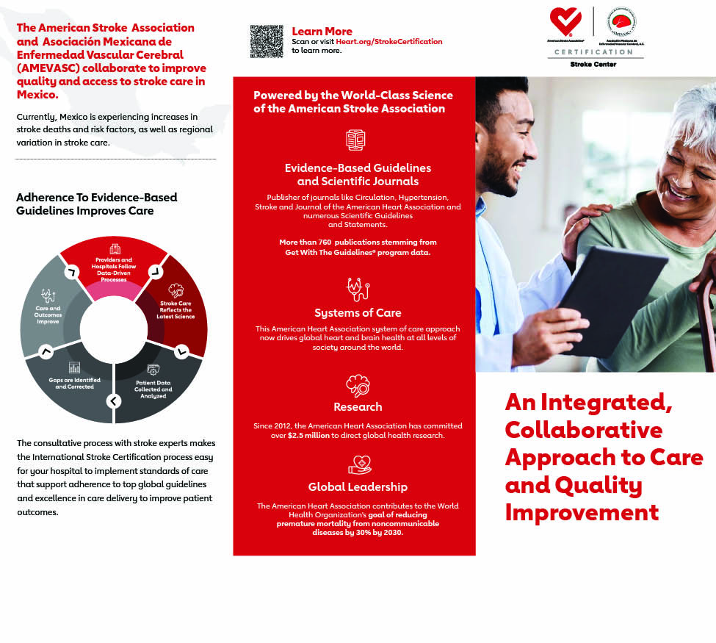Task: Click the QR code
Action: click(266, 41)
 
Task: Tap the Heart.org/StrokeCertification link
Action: click(389, 42)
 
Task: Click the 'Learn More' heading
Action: click(322, 31)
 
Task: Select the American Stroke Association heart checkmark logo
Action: click(566, 23)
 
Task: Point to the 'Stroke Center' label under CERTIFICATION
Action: click(593, 65)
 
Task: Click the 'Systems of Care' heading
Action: click(358, 312)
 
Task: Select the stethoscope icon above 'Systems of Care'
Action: click(358, 288)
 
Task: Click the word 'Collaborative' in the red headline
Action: click(583, 429)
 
